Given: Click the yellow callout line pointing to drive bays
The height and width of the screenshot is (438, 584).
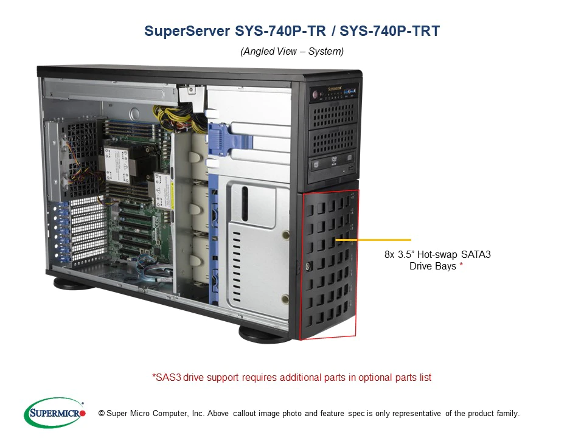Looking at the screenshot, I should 373,240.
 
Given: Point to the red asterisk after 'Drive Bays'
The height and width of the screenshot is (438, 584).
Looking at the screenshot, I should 461,266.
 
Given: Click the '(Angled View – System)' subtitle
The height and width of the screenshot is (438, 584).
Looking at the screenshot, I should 292,52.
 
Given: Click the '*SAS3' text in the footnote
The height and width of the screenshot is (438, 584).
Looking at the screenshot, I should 166,378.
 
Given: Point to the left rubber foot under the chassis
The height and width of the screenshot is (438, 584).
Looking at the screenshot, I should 74,283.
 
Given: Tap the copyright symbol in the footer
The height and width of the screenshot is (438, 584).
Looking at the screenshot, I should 102,414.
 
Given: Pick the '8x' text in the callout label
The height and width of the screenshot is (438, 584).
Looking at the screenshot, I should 390,255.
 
